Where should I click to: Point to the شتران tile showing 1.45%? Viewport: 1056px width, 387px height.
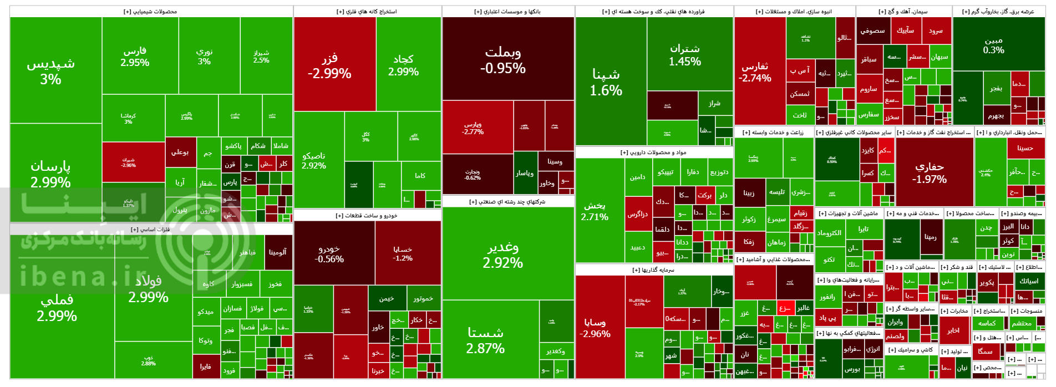pyautogui.click(x=684, y=54)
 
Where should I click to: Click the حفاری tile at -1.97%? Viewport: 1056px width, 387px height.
pyautogui.click(x=929, y=172)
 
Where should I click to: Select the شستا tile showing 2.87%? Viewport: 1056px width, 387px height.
pyautogui.click(x=485, y=339)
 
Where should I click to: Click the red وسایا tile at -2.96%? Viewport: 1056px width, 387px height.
pyautogui.click(x=595, y=327)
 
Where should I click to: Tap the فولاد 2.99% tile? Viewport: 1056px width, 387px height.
pyautogui.click(x=149, y=288)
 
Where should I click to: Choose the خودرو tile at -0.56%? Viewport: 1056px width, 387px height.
pyautogui.click(x=329, y=253)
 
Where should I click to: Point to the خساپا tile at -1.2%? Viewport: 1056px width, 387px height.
pyautogui.click(x=403, y=253)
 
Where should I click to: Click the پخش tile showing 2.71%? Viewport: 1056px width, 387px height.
pyautogui.click(x=595, y=211)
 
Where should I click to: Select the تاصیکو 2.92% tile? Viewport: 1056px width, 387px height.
pyautogui.click(x=314, y=160)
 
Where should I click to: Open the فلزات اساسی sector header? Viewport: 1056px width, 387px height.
pyautogui.click(x=150, y=230)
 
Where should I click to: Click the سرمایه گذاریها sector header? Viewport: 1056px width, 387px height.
pyautogui.click(x=653, y=270)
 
